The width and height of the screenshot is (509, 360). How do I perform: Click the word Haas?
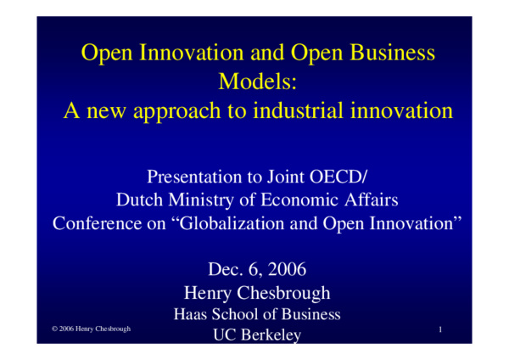coord(191,314)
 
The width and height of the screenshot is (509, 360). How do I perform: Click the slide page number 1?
coord(442,329)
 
